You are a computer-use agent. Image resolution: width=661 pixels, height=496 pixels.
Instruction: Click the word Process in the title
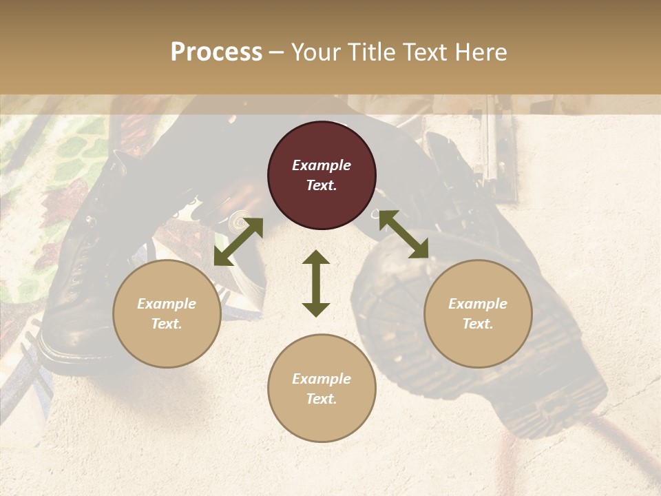pos(216,52)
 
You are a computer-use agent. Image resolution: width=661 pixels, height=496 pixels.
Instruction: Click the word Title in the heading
pos(368,52)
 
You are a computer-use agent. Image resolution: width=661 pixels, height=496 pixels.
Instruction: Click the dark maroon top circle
pos(322,175)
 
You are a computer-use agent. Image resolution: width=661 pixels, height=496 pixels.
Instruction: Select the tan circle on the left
pos(167,313)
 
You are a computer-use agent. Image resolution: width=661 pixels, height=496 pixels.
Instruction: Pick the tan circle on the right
pos(477,313)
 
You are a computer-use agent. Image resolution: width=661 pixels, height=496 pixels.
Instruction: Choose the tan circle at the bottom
pos(322,389)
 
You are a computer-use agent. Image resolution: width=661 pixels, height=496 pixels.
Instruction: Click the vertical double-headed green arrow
pos(316,283)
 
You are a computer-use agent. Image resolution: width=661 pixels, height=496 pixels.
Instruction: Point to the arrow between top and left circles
pos(238,242)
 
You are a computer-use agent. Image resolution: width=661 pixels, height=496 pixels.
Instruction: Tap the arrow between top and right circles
pos(403,234)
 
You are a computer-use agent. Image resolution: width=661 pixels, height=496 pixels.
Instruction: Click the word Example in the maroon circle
pos(322,165)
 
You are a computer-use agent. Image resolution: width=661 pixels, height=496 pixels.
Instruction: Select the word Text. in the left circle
pos(167,324)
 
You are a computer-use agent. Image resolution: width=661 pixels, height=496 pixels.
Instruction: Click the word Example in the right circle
pos(477,304)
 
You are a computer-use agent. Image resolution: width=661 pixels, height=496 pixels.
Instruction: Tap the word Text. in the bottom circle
pos(322,399)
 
